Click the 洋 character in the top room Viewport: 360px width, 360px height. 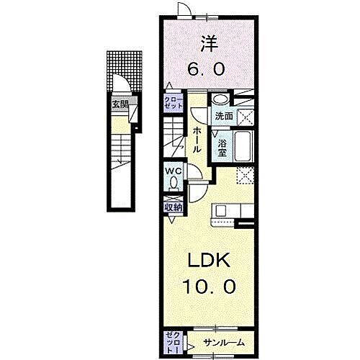[x=207, y=43]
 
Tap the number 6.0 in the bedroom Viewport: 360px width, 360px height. [x=207, y=69]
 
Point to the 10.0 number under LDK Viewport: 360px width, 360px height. [x=207, y=286]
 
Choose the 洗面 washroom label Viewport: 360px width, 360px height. [x=222, y=115]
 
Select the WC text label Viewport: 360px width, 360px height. [x=174, y=171]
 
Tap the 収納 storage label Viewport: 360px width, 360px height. [x=174, y=207]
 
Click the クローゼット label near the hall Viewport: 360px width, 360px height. [x=174, y=102]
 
